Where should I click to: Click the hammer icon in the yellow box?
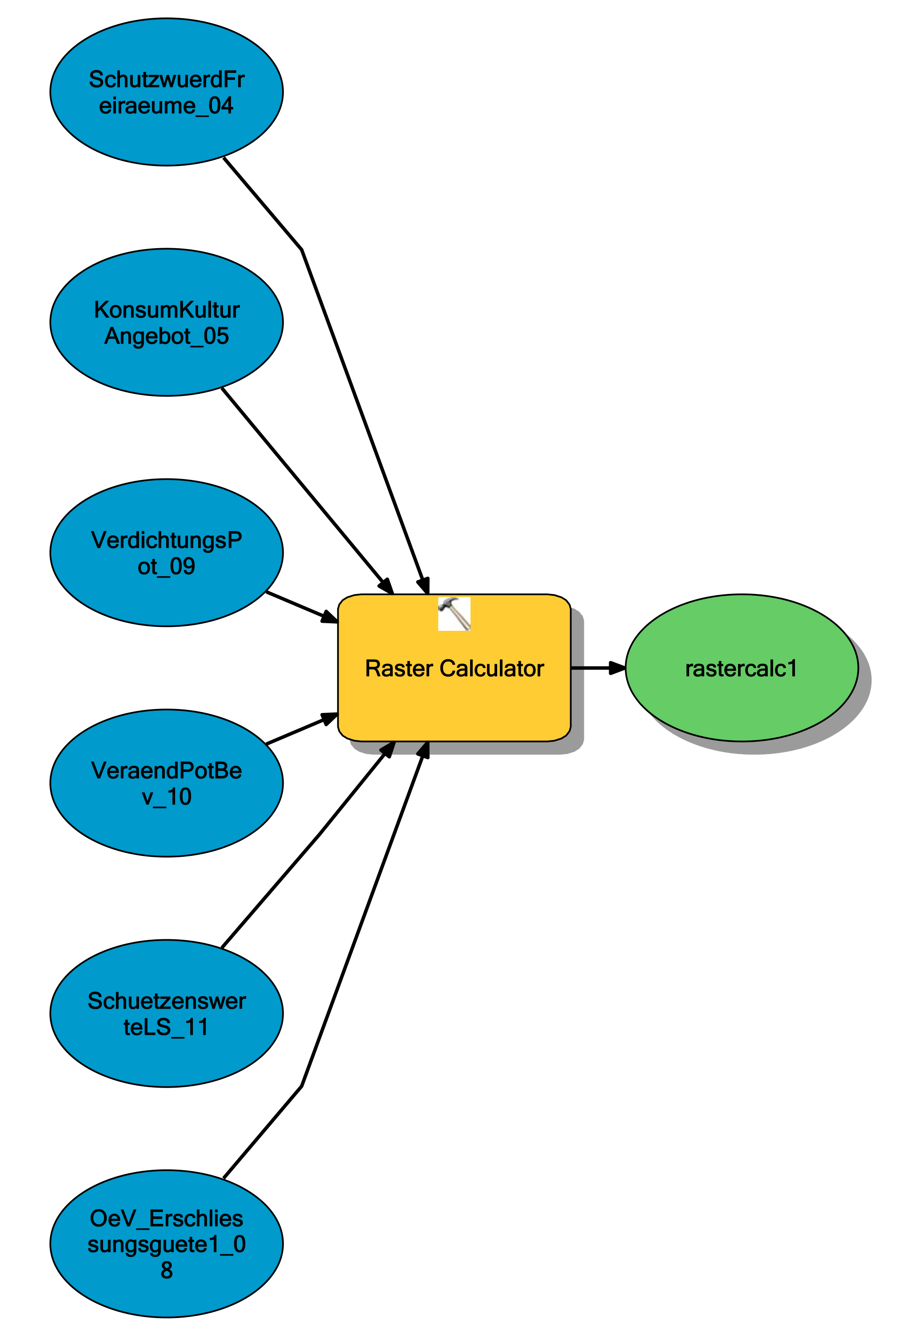point(454,614)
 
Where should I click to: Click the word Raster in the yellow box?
point(399,669)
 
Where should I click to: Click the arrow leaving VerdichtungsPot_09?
point(300,606)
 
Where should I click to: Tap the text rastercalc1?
point(741,669)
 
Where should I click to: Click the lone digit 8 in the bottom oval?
point(166,1270)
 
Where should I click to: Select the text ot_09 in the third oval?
point(166,566)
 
